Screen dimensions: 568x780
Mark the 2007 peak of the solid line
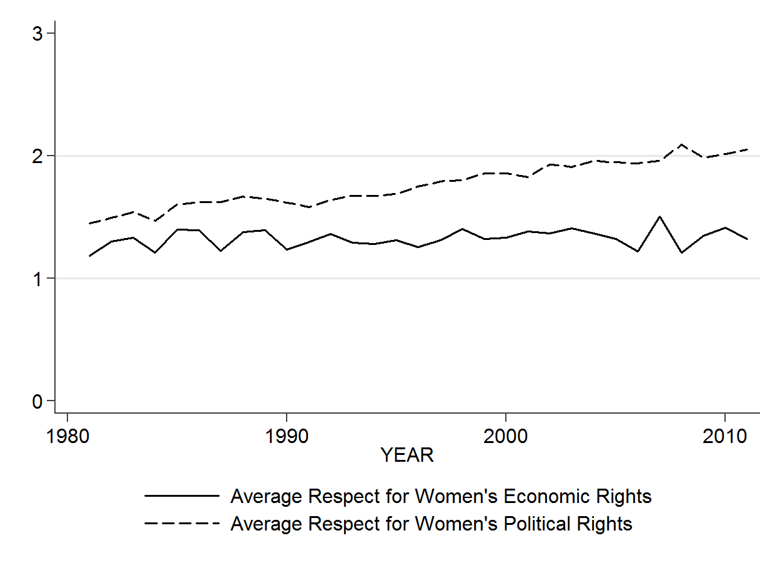click(x=659, y=217)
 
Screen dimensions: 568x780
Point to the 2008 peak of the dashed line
click(x=681, y=144)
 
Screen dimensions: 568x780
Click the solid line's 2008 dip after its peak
click(x=681, y=252)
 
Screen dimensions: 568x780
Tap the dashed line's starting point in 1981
click(x=89, y=223)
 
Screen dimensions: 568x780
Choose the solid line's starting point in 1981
click(x=89, y=256)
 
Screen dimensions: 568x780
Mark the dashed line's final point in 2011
click(x=747, y=149)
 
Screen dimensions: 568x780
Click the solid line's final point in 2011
click(x=747, y=239)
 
